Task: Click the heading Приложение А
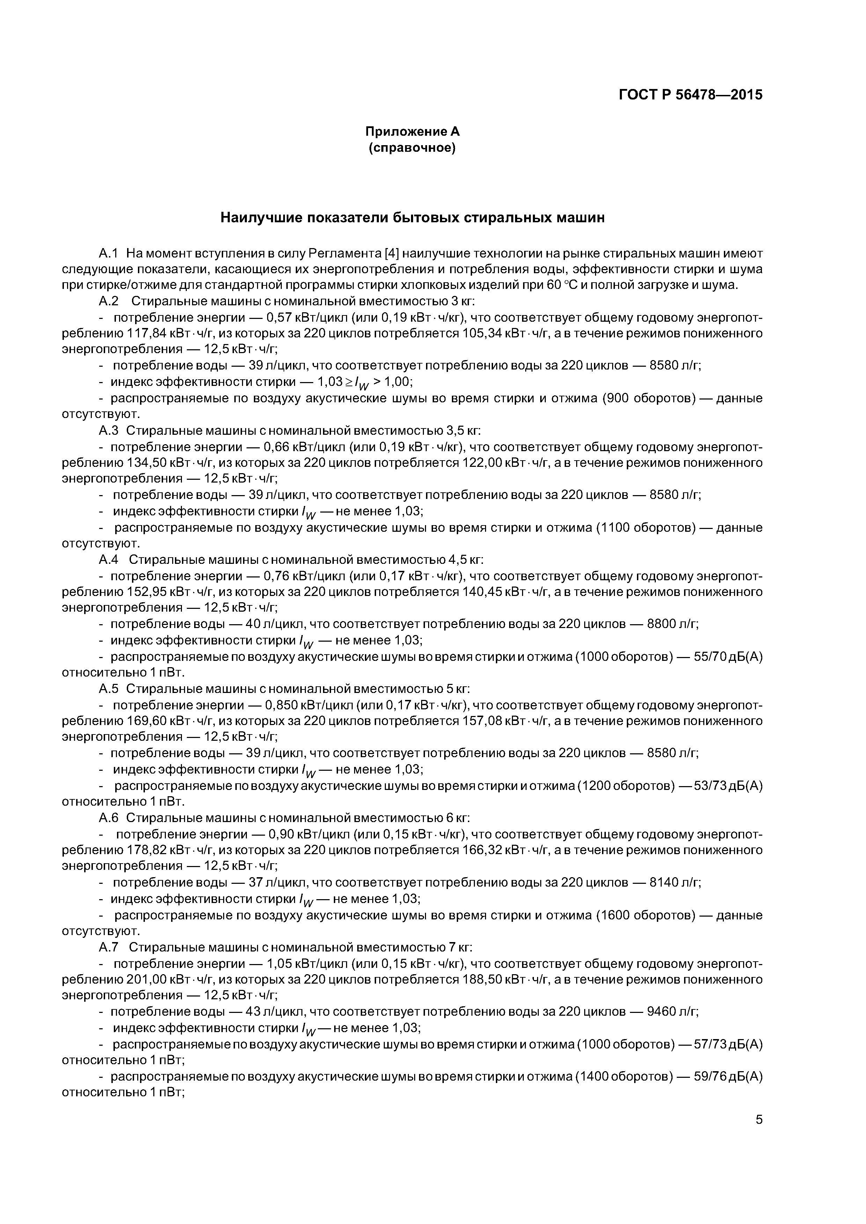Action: (x=412, y=131)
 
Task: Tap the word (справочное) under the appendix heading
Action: (x=412, y=148)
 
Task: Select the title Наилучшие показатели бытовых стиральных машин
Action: (x=412, y=217)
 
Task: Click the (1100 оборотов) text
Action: (x=646, y=528)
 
